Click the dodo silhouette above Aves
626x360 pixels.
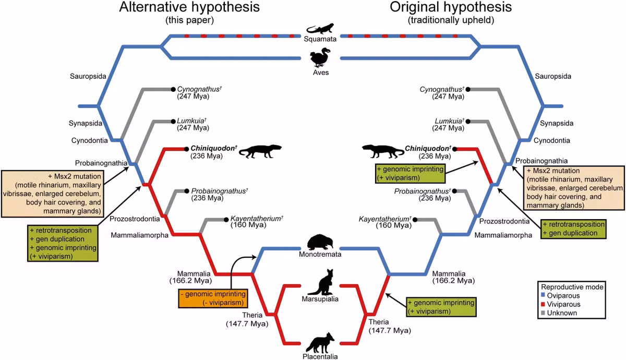pyautogui.click(x=320, y=57)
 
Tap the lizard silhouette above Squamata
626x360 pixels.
pyautogui.click(x=320, y=29)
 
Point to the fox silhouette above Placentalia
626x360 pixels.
pyautogui.click(x=320, y=343)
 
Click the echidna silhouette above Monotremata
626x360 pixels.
pyautogui.click(x=320, y=242)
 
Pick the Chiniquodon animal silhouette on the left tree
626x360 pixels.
pyautogui.click(x=260, y=151)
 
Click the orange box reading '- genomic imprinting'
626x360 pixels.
pyautogui.click(x=213, y=298)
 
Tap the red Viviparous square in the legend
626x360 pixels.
pyautogui.click(x=543, y=304)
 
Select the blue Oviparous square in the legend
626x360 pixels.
pyautogui.click(x=543, y=295)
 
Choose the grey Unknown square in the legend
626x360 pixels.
pyautogui.click(x=543, y=313)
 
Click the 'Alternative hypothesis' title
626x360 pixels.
pyautogui.click(x=189, y=7)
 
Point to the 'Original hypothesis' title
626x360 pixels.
pyautogui.click(x=451, y=7)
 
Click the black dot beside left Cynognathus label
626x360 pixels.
pyautogui.click(x=173, y=89)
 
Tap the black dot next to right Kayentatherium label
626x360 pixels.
pyautogui.click(x=415, y=220)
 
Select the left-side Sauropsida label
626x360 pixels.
pyautogui.click(x=88, y=76)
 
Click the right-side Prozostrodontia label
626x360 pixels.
pyautogui.click(x=504, y=221)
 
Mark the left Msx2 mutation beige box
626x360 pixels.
pyautogui.click(x=53, y=194)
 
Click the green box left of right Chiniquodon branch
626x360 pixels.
pyautogui.click(x=410, y=174)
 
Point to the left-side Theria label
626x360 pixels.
pyautogui.click(x=252, y=315)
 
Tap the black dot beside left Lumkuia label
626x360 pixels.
pyautogui.click(x=173, y=122)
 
